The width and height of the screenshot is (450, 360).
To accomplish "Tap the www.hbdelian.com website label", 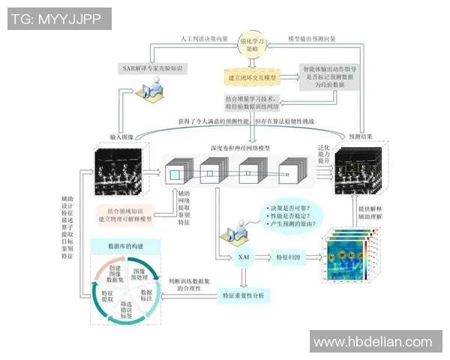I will pos(373,342).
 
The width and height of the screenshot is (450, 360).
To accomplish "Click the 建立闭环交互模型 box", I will pos(252,78).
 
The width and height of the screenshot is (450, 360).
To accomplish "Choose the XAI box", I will pos(243,256).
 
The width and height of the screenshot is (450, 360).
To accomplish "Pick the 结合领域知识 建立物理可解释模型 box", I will pos(125,214).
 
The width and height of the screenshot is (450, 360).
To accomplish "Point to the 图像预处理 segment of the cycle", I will pos(139,274).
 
